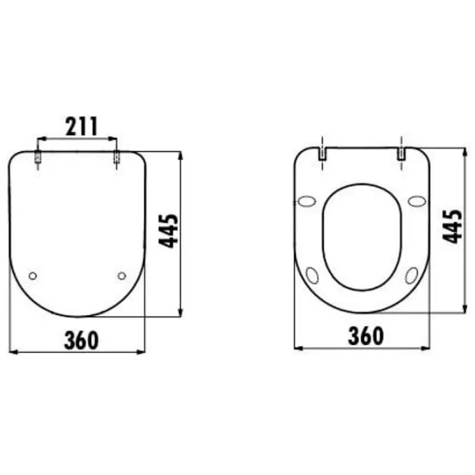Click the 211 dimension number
(x=82, y=126)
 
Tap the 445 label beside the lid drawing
(x=169, y=231)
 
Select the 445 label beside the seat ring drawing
(x=452, y=226)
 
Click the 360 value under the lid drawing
(x=82, y=340)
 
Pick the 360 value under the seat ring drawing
(x=366, y=336)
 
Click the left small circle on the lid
(x=32, y=275)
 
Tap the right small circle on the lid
(x=122, y=275)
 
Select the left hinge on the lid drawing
(x=37, y=157)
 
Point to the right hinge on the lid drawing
(x=116, y=157)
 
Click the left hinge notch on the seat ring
(x=322, y=154)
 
